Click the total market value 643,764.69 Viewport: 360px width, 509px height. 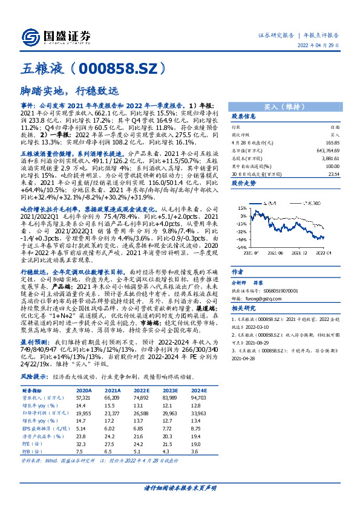click(x=327, y=149)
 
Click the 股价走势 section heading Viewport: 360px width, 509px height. click(x=244, y=182)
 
